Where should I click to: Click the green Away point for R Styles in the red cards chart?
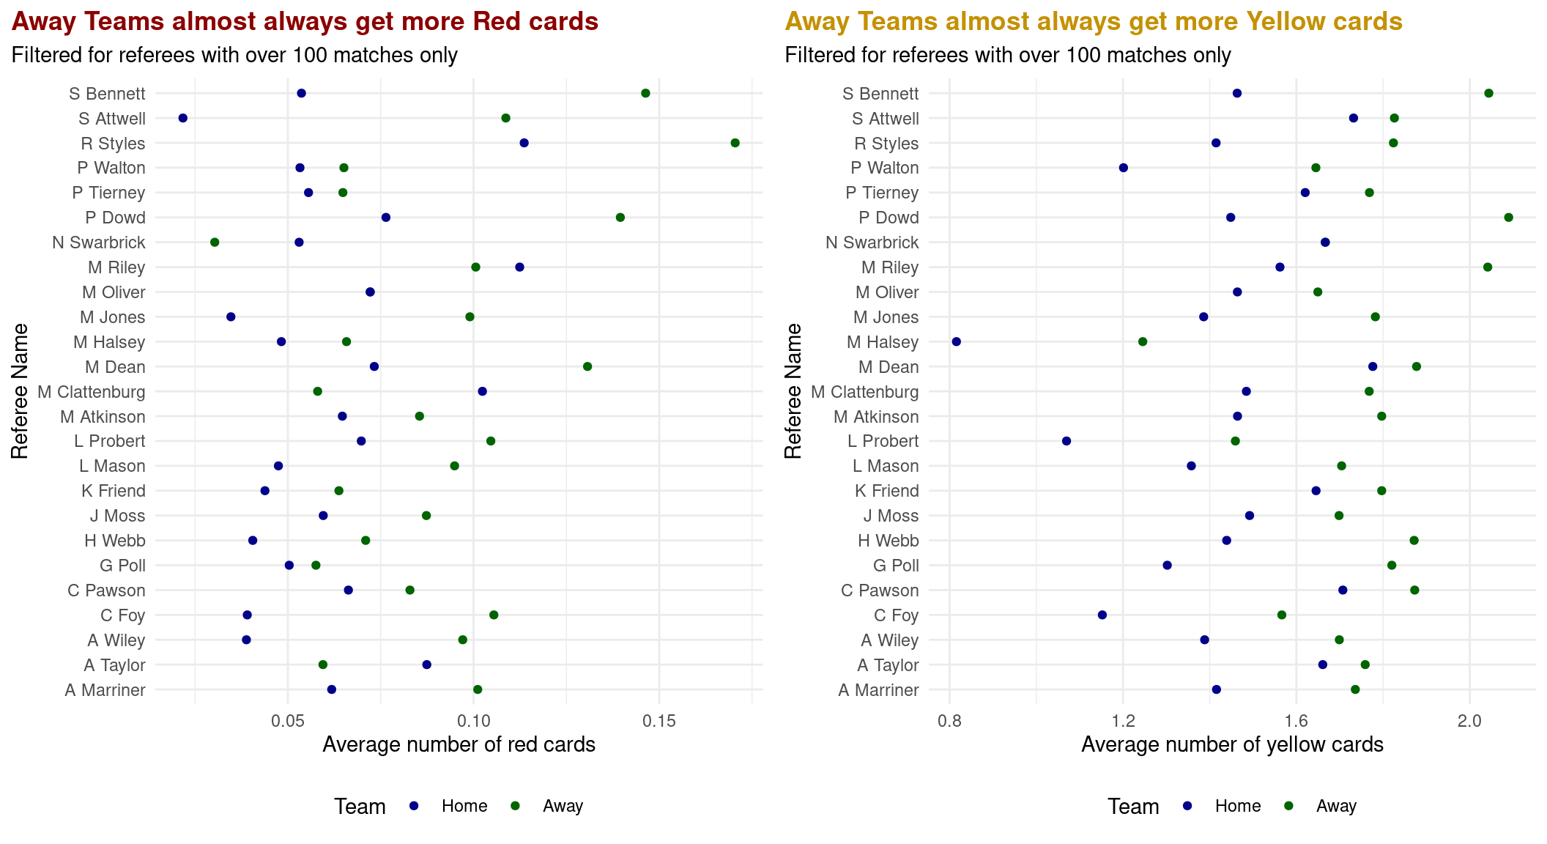[735, 143]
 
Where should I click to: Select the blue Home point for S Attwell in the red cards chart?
[183, 118]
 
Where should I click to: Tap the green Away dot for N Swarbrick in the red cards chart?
[215, 243]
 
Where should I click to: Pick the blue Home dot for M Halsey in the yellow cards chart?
[956, 341]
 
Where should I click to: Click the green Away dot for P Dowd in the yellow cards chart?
[1508, 218]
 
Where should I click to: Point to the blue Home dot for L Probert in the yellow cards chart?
[1066, 441]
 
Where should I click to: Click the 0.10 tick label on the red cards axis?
[473, 722]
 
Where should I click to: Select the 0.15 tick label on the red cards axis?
[659, 722]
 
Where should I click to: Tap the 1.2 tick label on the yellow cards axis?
[1123, 722]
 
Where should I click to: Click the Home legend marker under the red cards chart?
[414, 806]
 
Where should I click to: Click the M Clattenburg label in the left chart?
[92, 392]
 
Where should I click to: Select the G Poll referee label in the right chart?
[896, 566]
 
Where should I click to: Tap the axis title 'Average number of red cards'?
[459, 745]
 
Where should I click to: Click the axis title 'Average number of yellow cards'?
[1232, 745]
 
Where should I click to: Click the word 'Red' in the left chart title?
[495, 22]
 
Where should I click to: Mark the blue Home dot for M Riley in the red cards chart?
[519, 267]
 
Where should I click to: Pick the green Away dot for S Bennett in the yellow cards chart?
[1488, 93]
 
